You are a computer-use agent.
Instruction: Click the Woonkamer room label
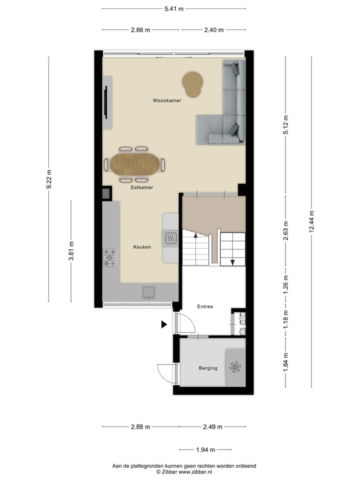(x=166, y=100)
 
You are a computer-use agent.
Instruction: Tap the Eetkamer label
(x=141, y=187)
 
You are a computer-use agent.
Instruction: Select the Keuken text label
(x=141, y=247)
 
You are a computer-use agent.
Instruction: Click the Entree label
(x=205, y=307)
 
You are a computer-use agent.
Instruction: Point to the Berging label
(x=208, y=368)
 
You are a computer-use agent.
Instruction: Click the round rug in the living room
(x=192, y=84)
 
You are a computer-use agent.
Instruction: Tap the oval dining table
(x=134, y=164)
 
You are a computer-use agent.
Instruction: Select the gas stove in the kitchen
(x=110, y=257)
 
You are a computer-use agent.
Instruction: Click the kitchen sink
(x=148, y=291)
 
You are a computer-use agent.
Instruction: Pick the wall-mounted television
(x=105, y=102)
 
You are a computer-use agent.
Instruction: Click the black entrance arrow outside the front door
(x=163, y=324)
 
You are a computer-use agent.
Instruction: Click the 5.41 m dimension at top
(x=173, y=8)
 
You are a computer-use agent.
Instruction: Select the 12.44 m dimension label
(x=311, y=220)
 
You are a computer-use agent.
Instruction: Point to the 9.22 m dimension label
(x=48, y=179)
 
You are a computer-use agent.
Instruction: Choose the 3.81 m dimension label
(x=71, y=251)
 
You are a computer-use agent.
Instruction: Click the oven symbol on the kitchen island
(x=170, y=238)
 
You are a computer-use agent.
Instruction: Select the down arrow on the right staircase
(x=232, y=261)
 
